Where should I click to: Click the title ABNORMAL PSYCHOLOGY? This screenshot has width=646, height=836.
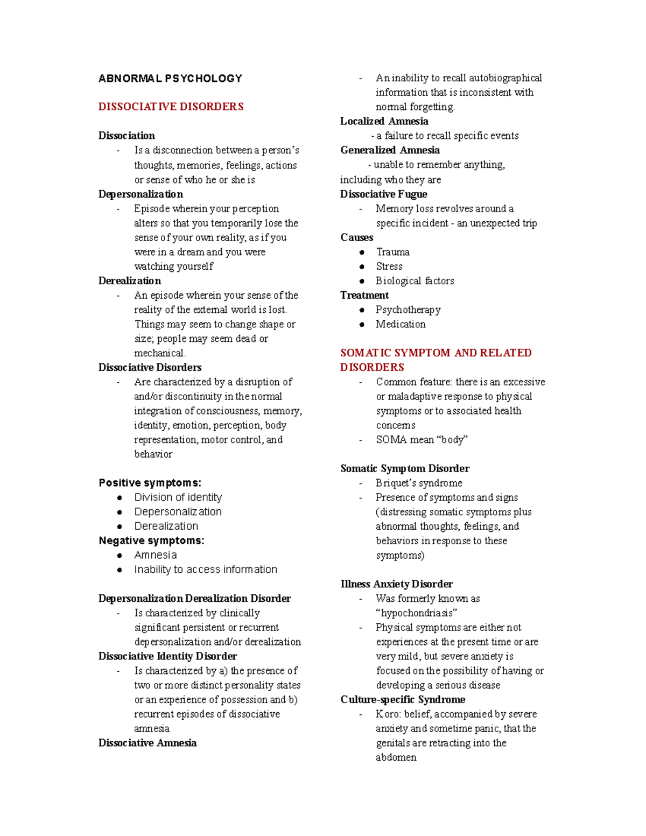pyautogui.click(x=170, y=79)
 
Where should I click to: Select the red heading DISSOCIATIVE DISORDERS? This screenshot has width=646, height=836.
pyautogui.click(x=171, y=107)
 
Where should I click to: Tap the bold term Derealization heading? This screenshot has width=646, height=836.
pyautogui.click(x=129, y=280)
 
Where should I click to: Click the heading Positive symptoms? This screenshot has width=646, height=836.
pyautogui.click(x=150, y=483)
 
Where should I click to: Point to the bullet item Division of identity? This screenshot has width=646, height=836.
pyautogui.click(x=178, y=497)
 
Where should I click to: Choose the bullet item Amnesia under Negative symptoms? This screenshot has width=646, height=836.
pyautogui.click(x=155, y=555)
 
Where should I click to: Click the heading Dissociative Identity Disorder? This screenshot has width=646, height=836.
pyautogui.click(x=167, y=656)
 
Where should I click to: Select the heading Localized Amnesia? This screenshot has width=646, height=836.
pyautogui.click(x=384, y=121)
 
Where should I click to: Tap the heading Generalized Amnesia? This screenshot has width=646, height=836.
pyautogui.click(x=390, y=150)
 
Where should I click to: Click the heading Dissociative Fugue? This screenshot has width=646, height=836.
pyautogui.click(x=383, y=194)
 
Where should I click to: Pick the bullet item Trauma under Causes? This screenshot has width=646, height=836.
pyautogui.click(x=392, y=252)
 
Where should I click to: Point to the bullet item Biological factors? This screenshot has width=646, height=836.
pyautogui.click(x=415, y=281)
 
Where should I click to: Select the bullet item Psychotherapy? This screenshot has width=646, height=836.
pyautogui.click(x=408, y=310)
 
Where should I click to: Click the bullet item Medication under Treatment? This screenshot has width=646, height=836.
pyautogui.click(x=401, y=324)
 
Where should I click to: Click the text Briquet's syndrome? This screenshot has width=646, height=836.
pyautogui.click(x=419, y=483)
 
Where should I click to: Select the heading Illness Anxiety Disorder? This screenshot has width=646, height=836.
pyautogui.click(x=396, y=584)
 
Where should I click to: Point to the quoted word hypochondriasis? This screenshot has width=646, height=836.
pyautogui.click(x=416, y=613)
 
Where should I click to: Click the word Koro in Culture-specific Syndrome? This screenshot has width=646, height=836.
pyautogui.click(x=387, y=714)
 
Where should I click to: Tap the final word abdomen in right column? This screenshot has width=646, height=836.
pyautogui.click(x=396, y=757)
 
